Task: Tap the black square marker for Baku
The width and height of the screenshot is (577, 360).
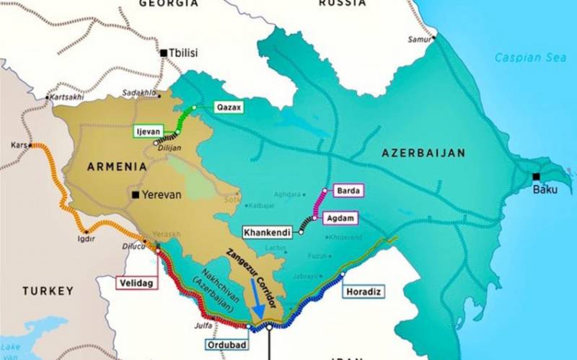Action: click(536, 177)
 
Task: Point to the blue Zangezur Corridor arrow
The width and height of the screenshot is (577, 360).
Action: click(257, 303)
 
